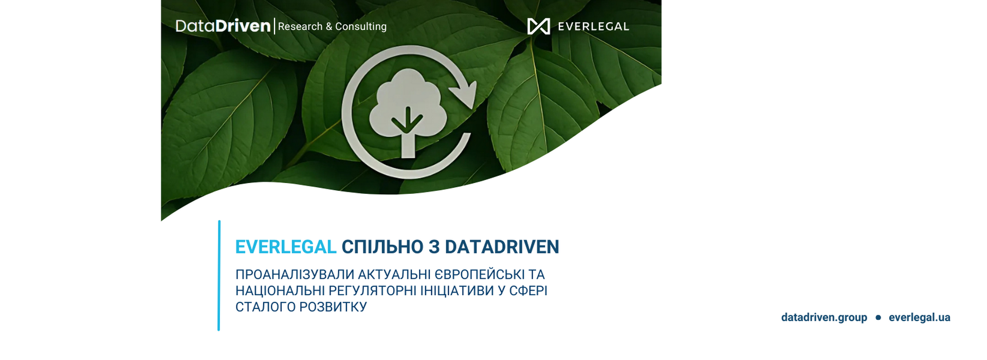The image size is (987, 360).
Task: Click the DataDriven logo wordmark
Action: [x=223, y=26]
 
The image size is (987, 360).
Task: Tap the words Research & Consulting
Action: [x=332, y=26]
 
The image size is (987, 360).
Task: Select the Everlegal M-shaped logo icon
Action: [x=538, y=26]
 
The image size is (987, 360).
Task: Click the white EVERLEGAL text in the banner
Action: [x=593, y=27]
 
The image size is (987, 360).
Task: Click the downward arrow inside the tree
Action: [x=407, y=120]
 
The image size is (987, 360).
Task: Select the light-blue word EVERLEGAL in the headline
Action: [x=286, y=247]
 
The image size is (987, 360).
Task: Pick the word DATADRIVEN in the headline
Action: [x=502, y=247]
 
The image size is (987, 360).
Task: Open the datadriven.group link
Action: [x=824, y=318]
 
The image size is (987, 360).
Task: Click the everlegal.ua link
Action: [x=919, y=318]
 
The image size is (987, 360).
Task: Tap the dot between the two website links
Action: [x=878, y=318]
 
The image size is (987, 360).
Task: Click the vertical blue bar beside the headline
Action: [x=219, y=276]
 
